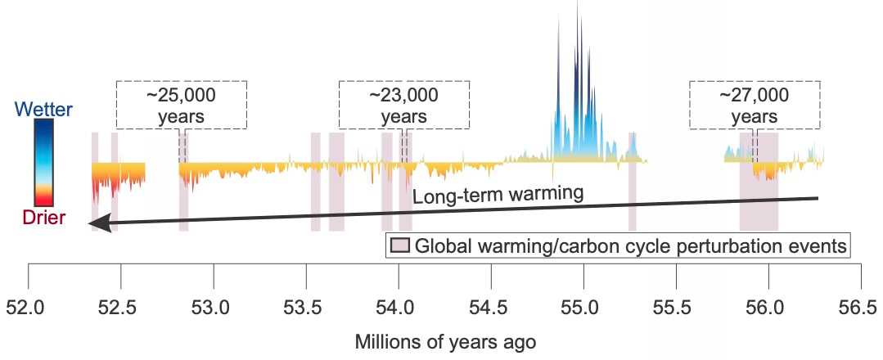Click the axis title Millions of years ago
point(445,341)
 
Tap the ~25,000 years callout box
point(181,105)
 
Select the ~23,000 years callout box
point(404,105)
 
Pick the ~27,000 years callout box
point(754,105)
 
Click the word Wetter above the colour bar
point(44,109)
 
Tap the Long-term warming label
point(497,195)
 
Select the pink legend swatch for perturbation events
point(399,245)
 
